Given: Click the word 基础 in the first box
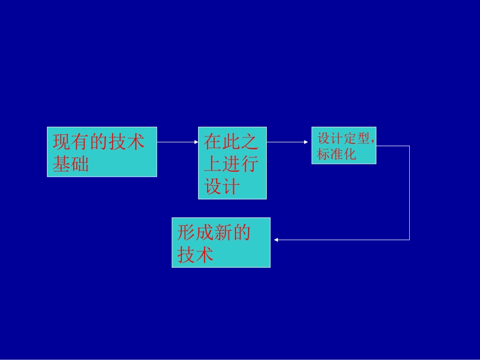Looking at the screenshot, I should point(71,164).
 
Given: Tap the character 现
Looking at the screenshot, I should point(62,142).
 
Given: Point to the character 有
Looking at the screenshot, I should point(80,142).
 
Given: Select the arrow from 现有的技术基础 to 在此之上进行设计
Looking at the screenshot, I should point(177,142).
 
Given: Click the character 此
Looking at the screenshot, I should point(231,141).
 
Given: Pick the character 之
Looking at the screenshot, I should point(250,141).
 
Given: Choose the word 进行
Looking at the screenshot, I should point(241,164).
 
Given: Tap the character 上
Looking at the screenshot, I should point(213,164).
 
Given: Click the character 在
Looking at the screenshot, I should point(213,141).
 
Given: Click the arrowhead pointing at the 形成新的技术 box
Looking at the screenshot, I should point(276,240).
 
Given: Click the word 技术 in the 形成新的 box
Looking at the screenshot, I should point(196,254).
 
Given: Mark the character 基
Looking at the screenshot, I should point(62,164).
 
